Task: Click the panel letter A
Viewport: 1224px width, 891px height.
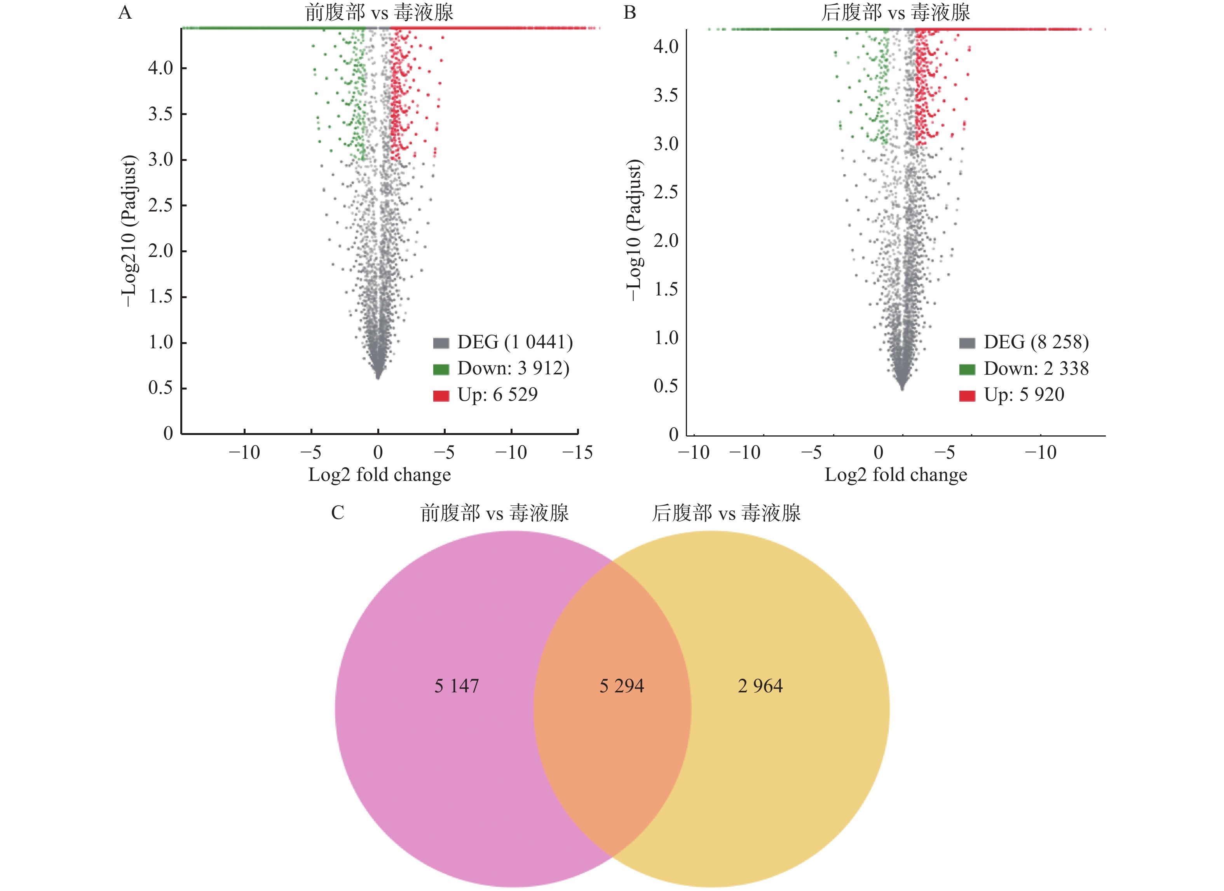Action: click(125, 12)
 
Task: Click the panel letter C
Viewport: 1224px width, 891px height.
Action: click(337, 512)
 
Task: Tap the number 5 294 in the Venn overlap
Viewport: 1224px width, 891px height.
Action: click(622, 686)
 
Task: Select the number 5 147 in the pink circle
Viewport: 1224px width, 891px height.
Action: click(457, 686)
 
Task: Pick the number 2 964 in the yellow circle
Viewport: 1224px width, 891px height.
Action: click(760, 686)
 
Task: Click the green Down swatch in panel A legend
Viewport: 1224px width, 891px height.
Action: click(441, 369)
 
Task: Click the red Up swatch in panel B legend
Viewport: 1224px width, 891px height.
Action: click(967, 396)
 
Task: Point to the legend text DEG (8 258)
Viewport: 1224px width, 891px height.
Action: click(1036, 342)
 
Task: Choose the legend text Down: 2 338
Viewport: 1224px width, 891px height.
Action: click(1036, 368)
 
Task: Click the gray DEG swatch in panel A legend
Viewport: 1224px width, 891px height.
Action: click(441, 343)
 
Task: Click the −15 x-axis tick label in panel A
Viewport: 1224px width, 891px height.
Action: click(577, 452)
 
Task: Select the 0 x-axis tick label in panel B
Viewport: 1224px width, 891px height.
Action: click(878, 452)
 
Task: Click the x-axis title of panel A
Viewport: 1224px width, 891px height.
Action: click(379, 475)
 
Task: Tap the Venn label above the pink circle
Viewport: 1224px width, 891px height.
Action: click(494, 512)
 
